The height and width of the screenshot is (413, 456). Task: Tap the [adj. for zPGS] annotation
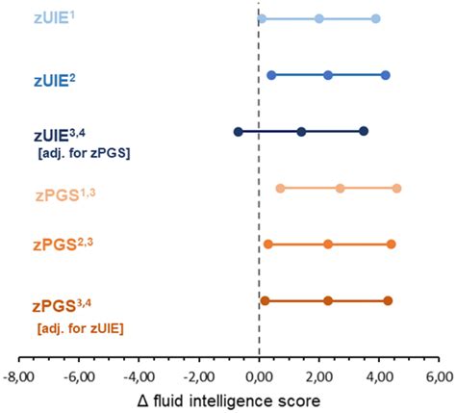[84, 153]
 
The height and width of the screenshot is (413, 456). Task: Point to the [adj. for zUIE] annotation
[83, 328]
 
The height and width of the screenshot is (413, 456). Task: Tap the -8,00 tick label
[19, 375]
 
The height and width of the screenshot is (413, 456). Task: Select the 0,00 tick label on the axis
[259, 375]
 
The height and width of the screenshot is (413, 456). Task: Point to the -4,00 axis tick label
[139, 375]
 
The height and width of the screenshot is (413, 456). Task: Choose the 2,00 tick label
[318, 375]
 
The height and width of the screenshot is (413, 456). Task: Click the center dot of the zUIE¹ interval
[319, 19]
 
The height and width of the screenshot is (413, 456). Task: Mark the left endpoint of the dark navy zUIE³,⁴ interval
[239, 131]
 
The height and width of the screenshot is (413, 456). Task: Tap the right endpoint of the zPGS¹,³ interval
[396, 189]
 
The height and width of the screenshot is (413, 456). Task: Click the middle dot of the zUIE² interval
[328, 75]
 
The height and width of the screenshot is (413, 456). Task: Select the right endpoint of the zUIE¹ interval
[375, 19]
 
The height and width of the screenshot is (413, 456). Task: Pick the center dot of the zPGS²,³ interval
[328, 245]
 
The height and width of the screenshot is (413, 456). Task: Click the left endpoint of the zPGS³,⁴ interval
[265, 301]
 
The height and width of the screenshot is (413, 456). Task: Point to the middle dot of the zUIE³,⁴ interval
[301, 131]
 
